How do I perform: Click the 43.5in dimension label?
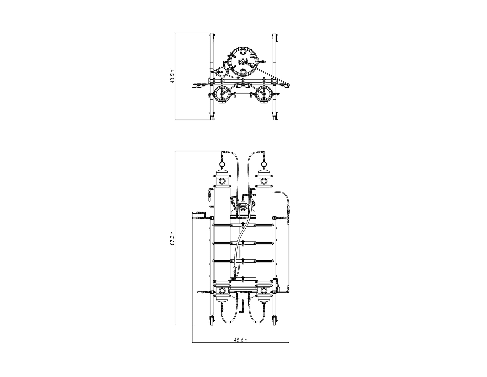click(x=172, y=76)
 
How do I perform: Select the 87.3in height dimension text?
click(x=172, y=238)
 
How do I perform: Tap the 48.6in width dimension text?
click(x=240, y=340)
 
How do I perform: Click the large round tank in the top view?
click(x=243, y=62)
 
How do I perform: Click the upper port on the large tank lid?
click(x=243, y=51)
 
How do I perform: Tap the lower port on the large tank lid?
click(x=243, y=72)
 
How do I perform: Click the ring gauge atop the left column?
click(x=222, y=164)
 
